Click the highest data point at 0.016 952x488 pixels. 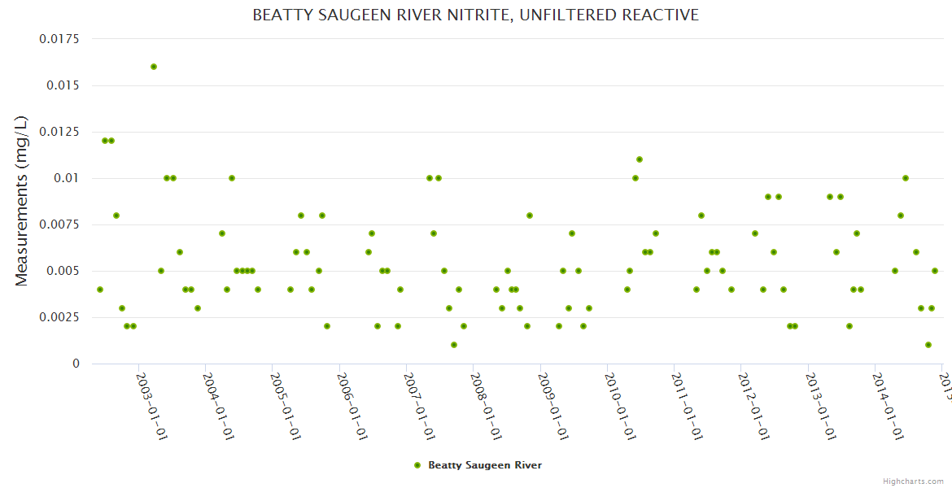(154, 67)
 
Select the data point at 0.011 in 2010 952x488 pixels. (640, 159)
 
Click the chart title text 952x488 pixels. (475, 15)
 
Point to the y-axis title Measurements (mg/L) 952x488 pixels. (22, 201)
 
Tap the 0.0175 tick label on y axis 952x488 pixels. (59, 39)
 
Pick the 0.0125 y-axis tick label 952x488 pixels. (59, 132)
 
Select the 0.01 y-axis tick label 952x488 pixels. (66, 178)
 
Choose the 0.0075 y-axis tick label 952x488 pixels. (59, 224)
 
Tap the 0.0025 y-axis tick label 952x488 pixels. (59, 317)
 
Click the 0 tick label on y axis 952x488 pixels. (76, 364)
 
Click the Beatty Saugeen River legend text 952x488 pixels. (485, 465)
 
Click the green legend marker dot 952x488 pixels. (417, 465)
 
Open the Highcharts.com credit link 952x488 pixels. (913, 481)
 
